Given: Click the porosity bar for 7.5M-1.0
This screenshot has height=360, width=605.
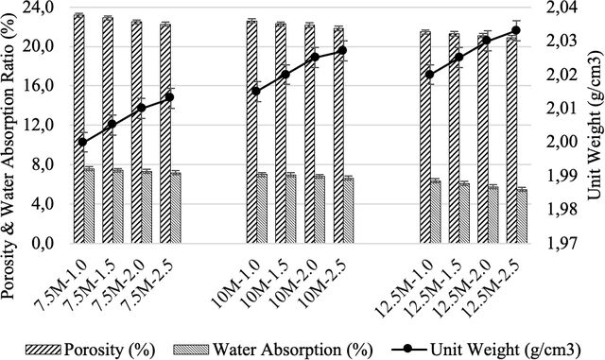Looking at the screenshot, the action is click(x=78, y=129).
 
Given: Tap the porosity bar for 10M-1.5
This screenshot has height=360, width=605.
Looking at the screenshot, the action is click(x=281, y=133).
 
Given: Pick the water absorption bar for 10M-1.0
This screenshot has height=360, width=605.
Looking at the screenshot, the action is click(x=262, y=209).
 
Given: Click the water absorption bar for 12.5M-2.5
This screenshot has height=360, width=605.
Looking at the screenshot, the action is click(x=522, y=216).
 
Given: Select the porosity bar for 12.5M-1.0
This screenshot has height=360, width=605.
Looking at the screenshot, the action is click(x=425, y=138).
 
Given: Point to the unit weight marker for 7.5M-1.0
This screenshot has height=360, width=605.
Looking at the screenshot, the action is click(x=82, y=142).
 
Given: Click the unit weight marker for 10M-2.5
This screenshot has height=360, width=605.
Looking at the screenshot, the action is click(x=342, y=50).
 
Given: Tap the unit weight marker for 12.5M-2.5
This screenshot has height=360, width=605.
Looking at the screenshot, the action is click(x=516, y=30).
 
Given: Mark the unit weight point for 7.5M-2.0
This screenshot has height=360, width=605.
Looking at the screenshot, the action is click(x=141, y=108).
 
